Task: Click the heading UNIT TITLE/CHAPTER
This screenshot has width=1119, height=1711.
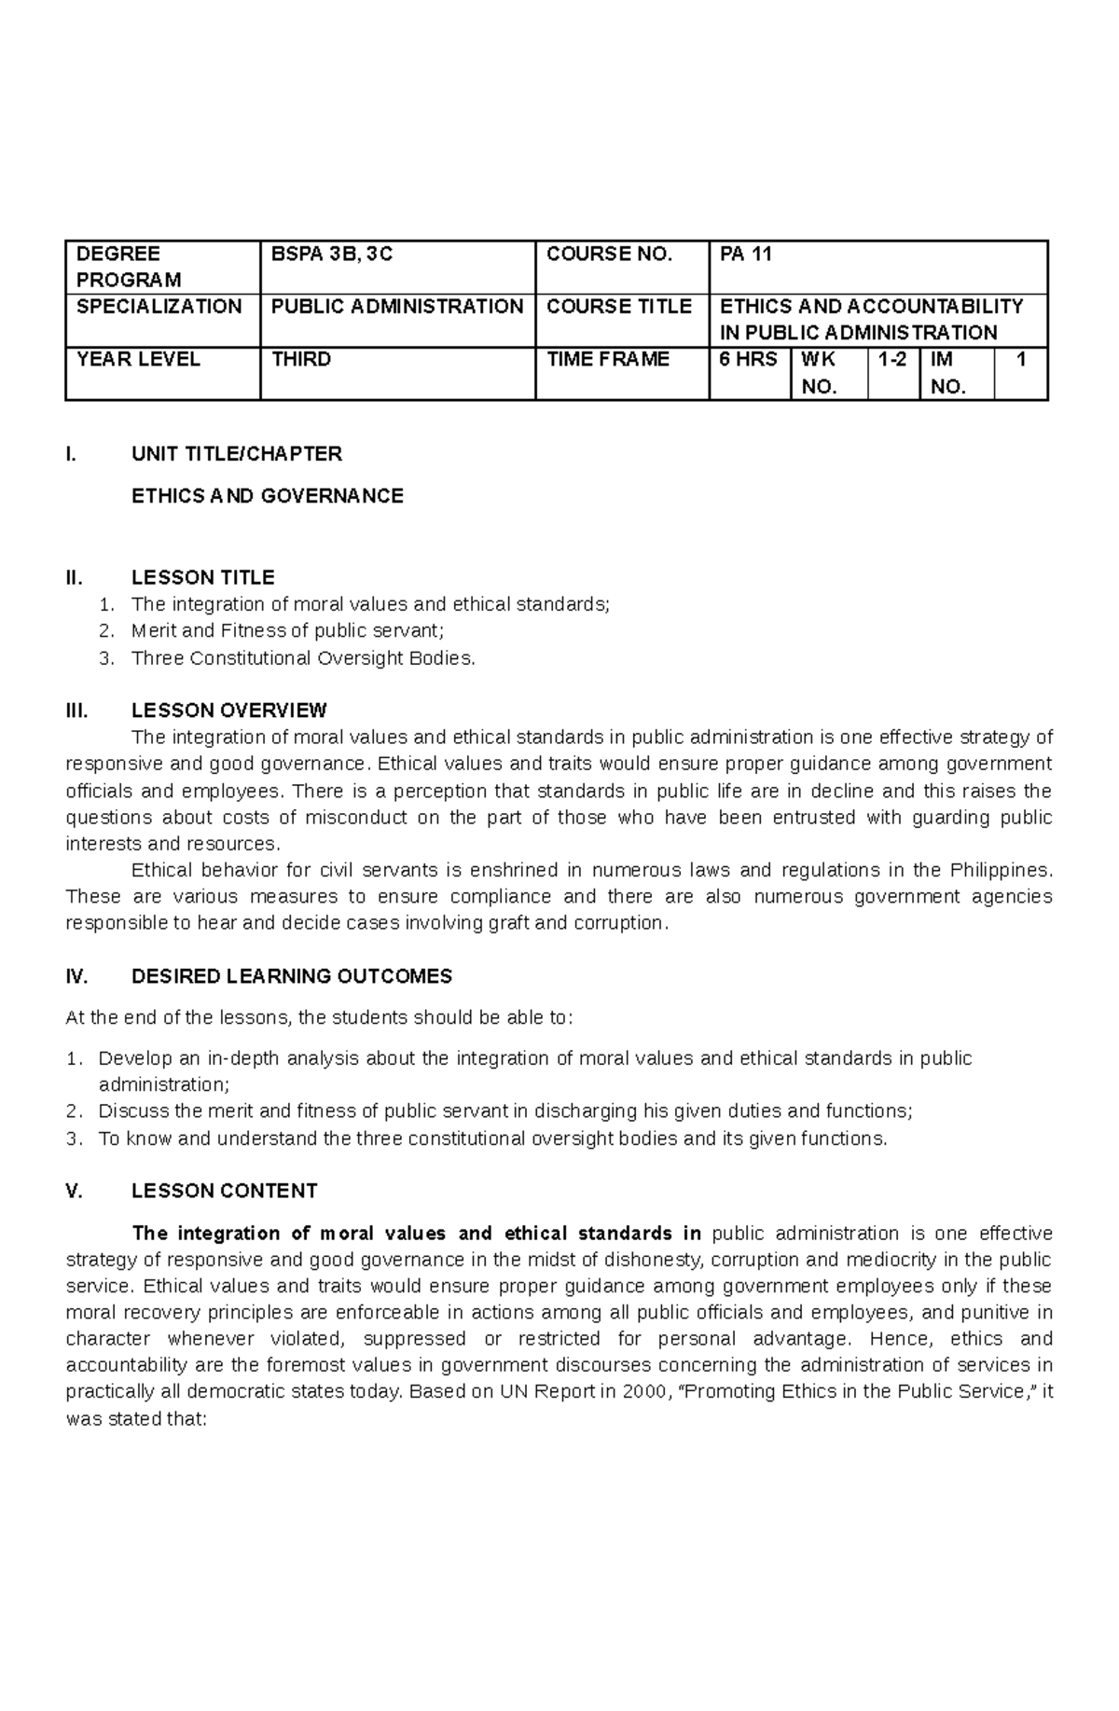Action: click(237, 454)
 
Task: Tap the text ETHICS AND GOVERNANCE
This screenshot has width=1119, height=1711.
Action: click(268, 496)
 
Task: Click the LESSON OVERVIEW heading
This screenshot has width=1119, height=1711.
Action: click(228, 711)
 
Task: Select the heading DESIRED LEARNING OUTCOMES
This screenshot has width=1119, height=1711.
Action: click(291, 976)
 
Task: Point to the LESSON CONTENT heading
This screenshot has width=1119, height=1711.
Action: click(224, 1191)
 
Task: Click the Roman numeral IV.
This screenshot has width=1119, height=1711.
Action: click(76, 976)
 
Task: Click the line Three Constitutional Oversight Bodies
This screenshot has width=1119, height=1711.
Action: click(303, 658)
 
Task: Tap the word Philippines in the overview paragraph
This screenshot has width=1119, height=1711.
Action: click(1000, 870)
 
